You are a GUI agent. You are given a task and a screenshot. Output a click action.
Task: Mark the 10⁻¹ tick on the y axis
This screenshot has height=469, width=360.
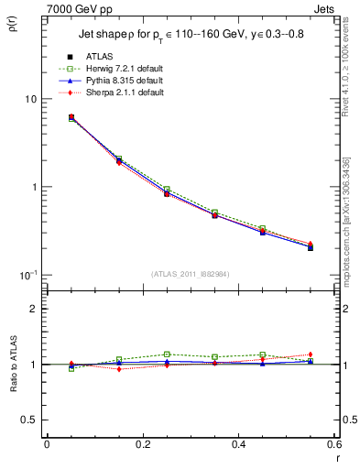point(27,275)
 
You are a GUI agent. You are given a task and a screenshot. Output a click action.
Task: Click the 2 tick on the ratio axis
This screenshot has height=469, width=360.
point(32,309)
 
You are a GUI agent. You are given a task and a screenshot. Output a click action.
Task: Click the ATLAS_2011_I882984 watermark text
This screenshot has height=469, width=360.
point(191,274)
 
